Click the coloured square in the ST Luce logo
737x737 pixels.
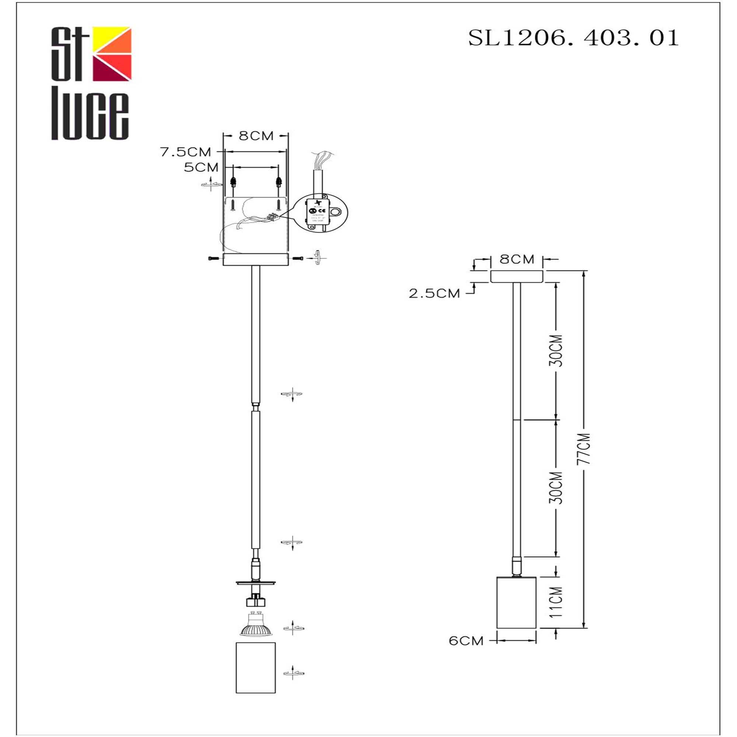[x=112, y=54]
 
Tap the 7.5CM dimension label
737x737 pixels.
[x=185, y=152]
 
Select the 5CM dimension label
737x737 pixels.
[x=201, y=167]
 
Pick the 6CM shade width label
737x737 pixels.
[x=466, y=641]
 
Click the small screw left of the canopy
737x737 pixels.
[x=213, y=259]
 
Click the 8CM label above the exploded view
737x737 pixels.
[x=256, y=136]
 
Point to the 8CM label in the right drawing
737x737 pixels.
[x=517, y=259]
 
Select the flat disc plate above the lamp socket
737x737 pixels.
[x=255, y=583]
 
